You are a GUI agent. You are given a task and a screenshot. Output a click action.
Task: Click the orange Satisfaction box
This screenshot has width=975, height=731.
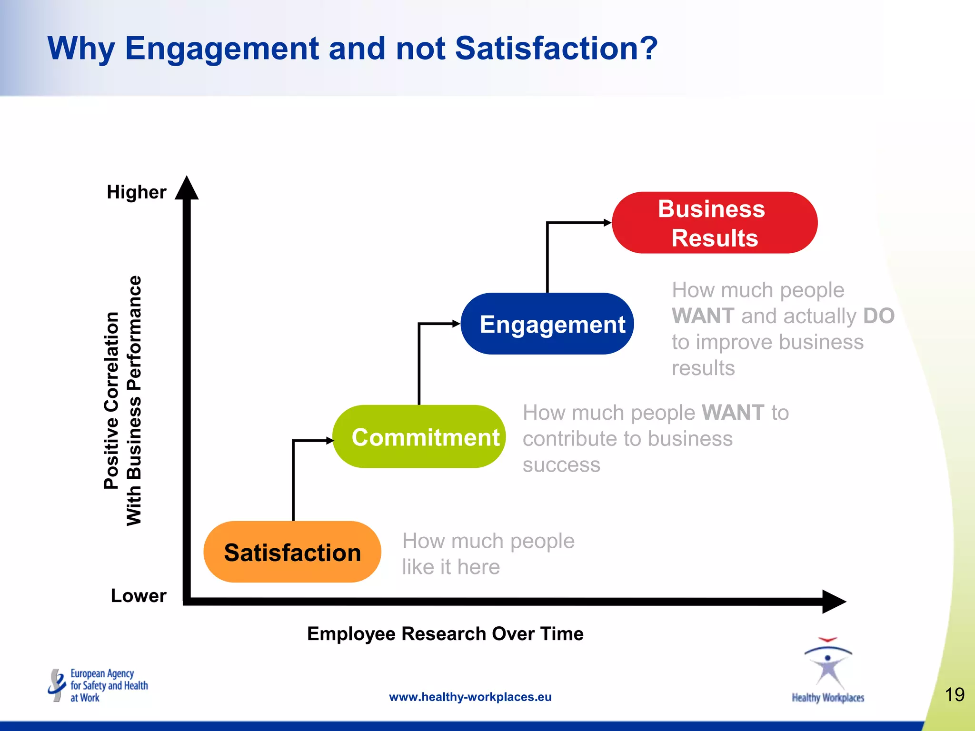click(x=292, y=552)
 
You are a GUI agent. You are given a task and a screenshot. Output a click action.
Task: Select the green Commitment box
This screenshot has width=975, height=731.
click(x=419, y=437)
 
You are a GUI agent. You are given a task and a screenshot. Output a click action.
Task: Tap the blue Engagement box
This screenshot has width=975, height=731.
click(x=547, y=324)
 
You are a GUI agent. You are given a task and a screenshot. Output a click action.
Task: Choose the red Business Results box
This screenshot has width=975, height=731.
click(x=714, y=223)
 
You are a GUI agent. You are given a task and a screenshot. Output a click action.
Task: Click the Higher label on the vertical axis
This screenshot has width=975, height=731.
click(x=137, y=192)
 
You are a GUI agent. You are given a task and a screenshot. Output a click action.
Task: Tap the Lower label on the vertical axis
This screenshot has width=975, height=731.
click(x=139, y=596)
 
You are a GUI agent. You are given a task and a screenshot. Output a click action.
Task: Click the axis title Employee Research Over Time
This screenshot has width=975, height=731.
click(x=445, y=634)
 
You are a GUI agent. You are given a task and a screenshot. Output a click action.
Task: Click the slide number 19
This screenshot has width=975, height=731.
click(x=954, y=695)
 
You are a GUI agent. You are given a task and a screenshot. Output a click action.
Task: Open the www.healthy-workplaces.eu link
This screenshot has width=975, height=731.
click(x=470, y=697)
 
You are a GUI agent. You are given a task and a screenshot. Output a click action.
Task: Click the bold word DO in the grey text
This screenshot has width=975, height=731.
click(x=878, y=316)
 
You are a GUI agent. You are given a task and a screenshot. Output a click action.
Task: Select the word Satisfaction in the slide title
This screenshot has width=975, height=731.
click(x=556, y=49)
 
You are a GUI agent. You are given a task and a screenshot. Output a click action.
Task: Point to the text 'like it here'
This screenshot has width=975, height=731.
click(x=451, y=567)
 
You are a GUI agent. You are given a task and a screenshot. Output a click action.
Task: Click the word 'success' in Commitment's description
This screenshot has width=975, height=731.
click(x=561, y=465)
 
